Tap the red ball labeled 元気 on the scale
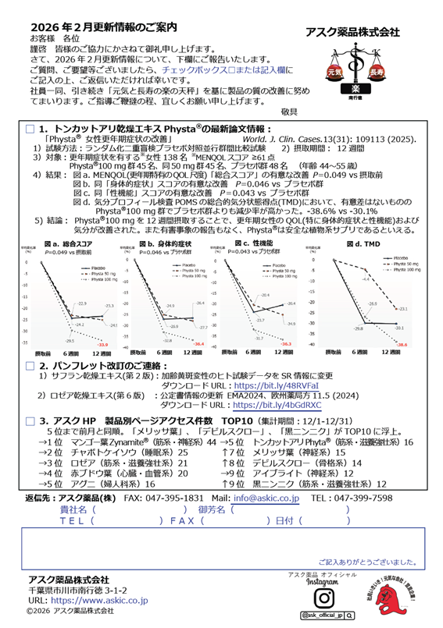[x=330, y=72]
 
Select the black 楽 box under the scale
[x=354, y=90]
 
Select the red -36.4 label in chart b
[x=198, y=343]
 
